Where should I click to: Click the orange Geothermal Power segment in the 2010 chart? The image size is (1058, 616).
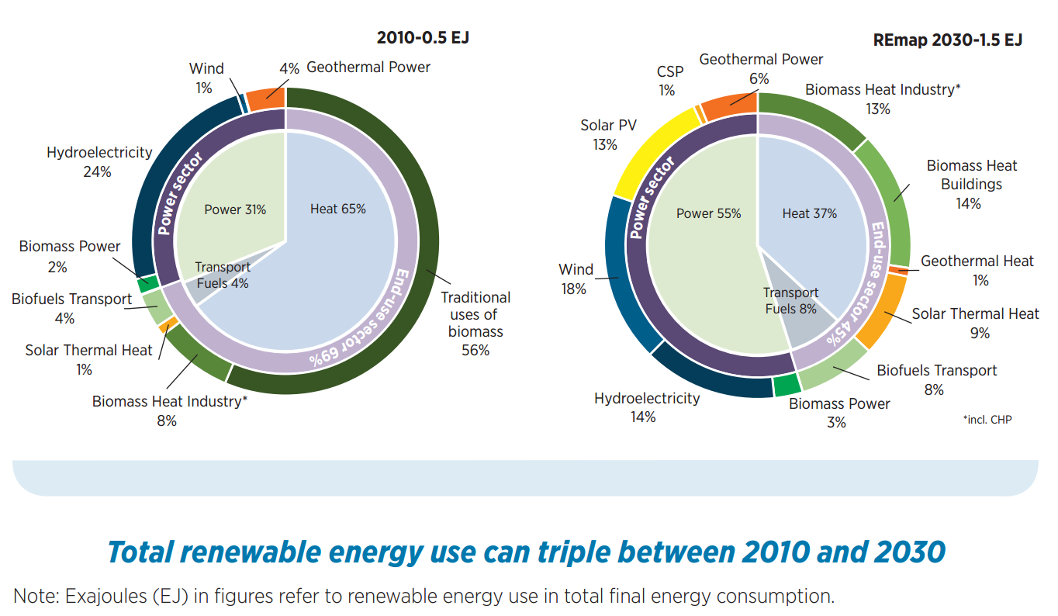(266, 99)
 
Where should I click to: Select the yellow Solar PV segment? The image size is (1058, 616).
(654, 151)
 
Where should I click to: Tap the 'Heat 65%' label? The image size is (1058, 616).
(337, 209)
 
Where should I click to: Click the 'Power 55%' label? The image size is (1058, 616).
(708, 213)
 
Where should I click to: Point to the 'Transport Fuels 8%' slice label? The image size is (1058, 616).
(790, 301)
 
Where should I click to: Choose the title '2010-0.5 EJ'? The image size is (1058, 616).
(423, 38)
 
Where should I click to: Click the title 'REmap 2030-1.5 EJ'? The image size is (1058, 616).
(948, 40)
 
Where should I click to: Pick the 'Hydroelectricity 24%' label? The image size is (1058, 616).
(99, 162)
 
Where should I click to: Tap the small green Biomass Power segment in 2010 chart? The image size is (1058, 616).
(148, 283)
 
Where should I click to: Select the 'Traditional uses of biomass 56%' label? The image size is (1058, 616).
(475, 324)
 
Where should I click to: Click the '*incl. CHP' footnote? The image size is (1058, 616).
(987, 420)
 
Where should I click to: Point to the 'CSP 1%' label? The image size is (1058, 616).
(669, 81)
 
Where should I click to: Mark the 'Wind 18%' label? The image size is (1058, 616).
(576, 279)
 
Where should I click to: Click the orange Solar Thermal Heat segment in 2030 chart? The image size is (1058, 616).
(881, 311)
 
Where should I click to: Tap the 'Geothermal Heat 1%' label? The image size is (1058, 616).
(977, 271)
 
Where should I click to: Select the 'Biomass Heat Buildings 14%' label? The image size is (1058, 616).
(971, 184)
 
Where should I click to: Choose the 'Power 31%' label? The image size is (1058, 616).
(235, 209)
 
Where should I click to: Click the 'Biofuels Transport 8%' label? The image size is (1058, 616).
(937, 380)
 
